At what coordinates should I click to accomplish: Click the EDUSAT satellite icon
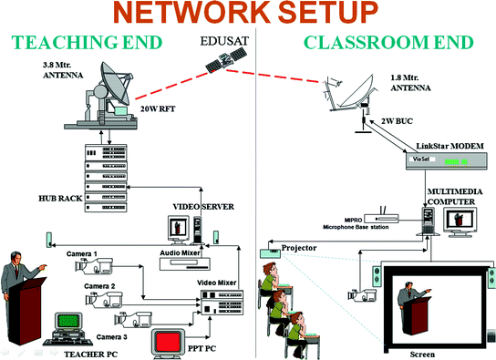click(x=226, y=60)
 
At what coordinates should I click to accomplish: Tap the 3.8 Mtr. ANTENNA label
click(x=63, y=70)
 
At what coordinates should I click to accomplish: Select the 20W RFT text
click(x=158, y=109)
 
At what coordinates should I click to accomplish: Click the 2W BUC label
click(x=397, y=121)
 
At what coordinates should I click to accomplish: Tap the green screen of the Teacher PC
click(x=68, y=321)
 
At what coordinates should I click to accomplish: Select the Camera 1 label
click(x=82, y=253)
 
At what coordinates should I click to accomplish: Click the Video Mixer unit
click(x=222, y=303)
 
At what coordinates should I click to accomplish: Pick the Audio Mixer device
click(x=185, y=264)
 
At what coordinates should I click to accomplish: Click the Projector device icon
click(x=271, y=253)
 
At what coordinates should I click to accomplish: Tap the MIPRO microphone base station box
click(x=381, y=219)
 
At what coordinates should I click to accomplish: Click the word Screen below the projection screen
click(x=422, y=355)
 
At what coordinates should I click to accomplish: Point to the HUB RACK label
click(x=60, y=199)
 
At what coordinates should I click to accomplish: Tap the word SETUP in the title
click(x=327, y=13)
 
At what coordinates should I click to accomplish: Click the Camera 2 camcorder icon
click(x=104, y=300)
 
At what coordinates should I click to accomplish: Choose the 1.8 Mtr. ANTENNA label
click(x=410, y=83)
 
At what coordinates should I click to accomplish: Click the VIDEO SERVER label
click(x=203, y=207)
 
